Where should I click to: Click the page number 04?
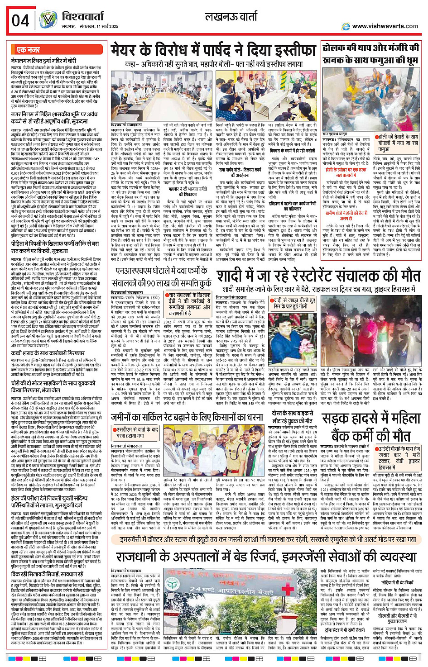[x=20, y=20]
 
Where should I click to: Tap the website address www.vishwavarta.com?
[x=385, y=26]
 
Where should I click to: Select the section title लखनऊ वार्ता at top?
[x=231, y=18]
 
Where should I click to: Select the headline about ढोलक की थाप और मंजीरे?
[x=370, y=53]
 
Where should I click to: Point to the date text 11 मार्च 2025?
[x=104, y=27]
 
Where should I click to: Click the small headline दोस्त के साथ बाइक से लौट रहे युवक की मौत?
[x=293, y=417]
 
